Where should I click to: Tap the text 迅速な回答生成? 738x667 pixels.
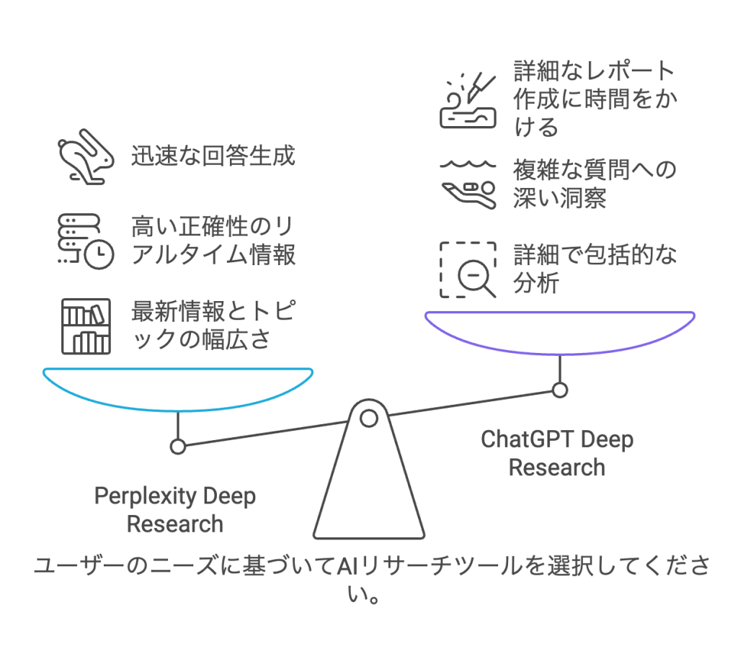click(213, 156)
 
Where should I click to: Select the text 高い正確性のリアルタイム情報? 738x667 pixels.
click(213, 241)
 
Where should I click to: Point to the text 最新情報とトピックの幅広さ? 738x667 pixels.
click(212, 326)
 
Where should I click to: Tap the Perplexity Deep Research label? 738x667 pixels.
click(175, 509)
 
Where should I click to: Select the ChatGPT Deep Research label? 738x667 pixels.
click(557, 453)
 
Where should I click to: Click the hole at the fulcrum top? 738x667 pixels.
click(369, 417)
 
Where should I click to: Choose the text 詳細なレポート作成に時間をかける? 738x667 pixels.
click(595, 99)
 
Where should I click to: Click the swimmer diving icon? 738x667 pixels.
click(468, 184)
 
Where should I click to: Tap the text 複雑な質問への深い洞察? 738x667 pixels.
click(595, 184)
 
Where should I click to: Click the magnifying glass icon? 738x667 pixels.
click(469, 270)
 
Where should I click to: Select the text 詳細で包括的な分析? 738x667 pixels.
click(595, 269)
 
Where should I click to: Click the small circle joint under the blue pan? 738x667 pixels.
click(178, 447)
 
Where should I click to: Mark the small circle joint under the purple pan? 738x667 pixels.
click(559, 390)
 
